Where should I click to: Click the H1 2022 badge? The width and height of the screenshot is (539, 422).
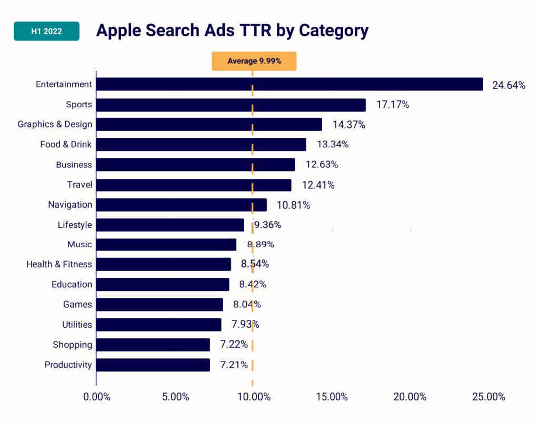point(46,31)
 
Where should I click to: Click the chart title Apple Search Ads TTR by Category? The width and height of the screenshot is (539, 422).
point(232,31)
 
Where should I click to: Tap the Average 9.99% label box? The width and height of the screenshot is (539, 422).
point(254,61)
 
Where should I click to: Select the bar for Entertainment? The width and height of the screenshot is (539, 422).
point(290,84)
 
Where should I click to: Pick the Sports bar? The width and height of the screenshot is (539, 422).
point(231,105)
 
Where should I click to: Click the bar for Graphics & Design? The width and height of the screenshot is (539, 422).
point(209,125)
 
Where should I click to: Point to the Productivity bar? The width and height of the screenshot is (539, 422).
point(153,365)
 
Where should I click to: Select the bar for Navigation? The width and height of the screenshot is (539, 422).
point(182,205)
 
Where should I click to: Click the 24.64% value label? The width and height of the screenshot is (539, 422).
point(508,85)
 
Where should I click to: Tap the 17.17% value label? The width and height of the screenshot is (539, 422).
point(393,105)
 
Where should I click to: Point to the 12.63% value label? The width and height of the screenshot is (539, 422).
point(322,165)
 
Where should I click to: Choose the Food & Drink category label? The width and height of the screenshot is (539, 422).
point(66,144)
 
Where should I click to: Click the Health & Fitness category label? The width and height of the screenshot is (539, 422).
point(59,264)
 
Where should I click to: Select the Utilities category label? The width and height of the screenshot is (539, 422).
point(77,325)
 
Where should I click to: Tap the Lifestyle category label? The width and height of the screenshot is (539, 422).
point(75,225)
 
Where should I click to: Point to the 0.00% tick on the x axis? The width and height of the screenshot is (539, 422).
point(97,397)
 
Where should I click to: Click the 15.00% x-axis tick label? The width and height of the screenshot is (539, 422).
point(332,397)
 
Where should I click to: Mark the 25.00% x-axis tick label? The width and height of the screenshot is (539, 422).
point(488,397)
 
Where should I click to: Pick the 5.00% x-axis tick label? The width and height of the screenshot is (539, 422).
point(175,397)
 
